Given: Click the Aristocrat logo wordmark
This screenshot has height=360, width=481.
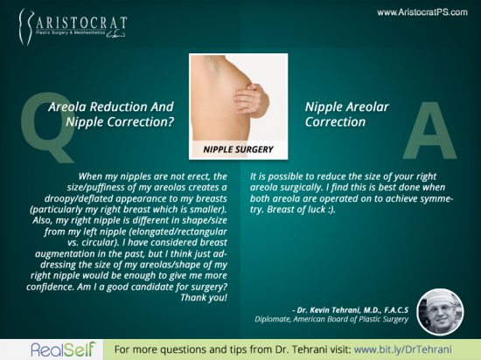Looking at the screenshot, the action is click(x=81, y=24).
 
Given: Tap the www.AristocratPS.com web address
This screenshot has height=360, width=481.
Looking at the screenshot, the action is click(x=422, y=12).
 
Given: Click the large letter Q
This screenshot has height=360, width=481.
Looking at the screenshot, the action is click(x=47, y=127).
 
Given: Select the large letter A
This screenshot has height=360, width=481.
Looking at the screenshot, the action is click(x=430, y=130).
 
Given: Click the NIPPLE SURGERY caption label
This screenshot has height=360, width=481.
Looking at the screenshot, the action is click(x=238, y=149).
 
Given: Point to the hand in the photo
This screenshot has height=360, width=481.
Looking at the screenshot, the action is click(x=251, y=100).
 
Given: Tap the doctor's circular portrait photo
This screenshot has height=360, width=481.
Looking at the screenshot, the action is click(x=440, y=312).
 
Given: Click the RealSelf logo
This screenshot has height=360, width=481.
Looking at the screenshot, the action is click(x=63, y=350).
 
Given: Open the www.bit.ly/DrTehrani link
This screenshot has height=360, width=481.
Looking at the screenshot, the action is click(x=403, y=350).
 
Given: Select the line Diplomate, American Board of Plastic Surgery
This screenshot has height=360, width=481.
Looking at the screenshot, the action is click(x=331, y=319).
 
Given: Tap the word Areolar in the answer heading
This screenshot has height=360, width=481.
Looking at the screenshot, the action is click(x=367, y=107).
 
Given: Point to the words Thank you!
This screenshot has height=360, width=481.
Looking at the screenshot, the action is click(x=204, y=297).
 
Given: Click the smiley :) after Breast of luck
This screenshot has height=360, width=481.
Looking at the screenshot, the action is click(x=331, y=210).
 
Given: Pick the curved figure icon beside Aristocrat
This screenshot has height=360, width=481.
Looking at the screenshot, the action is click(x=25, y=27).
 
